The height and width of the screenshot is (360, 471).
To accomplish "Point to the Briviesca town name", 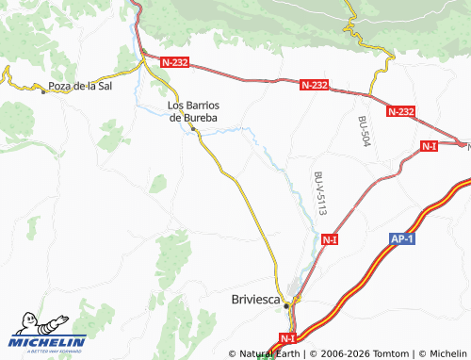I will click(255, 300).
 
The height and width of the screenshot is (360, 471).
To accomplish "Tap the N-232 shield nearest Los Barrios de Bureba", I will click(175, 62).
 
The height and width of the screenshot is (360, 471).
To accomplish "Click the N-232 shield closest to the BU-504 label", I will click(400, 111).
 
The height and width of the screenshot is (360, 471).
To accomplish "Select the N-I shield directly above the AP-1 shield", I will click(430, 145).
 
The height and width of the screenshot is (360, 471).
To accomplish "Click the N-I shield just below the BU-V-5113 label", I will click(330, 240).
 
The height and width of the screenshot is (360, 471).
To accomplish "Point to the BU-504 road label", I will click(365, 130).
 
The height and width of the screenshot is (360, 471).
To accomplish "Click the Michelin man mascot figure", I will click(28, 323).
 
